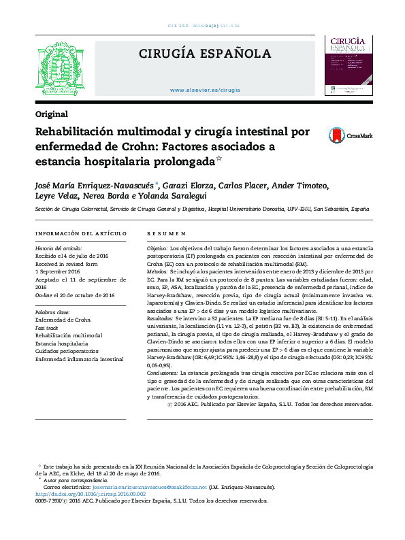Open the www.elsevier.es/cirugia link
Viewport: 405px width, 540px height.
tap(205, 90)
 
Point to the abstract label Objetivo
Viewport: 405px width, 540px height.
tap(157, 249)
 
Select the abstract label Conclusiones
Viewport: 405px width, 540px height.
tap(165, 373)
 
